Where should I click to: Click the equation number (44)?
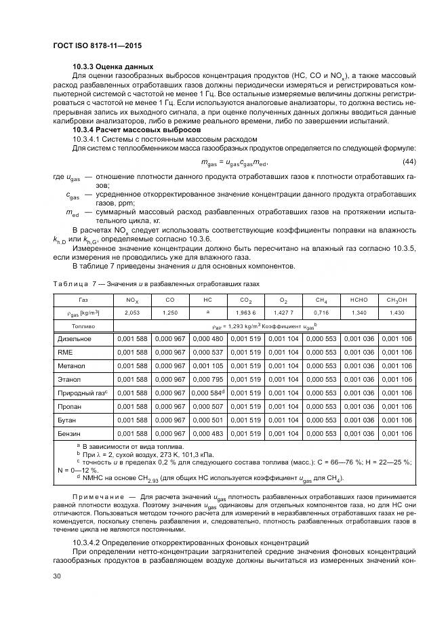(409, 161)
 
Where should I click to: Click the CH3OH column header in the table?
(396, 300)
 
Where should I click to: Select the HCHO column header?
(359, 300)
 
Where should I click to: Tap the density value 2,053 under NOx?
(132, 313)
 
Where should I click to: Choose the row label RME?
(64, 352)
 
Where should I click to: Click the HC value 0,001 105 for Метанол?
(207, 365)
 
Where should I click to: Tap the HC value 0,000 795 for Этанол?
(207, 379)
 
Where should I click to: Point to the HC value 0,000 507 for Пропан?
(207, 406)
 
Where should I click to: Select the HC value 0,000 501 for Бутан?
(207, 420)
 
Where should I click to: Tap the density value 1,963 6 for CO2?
(245, 313)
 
